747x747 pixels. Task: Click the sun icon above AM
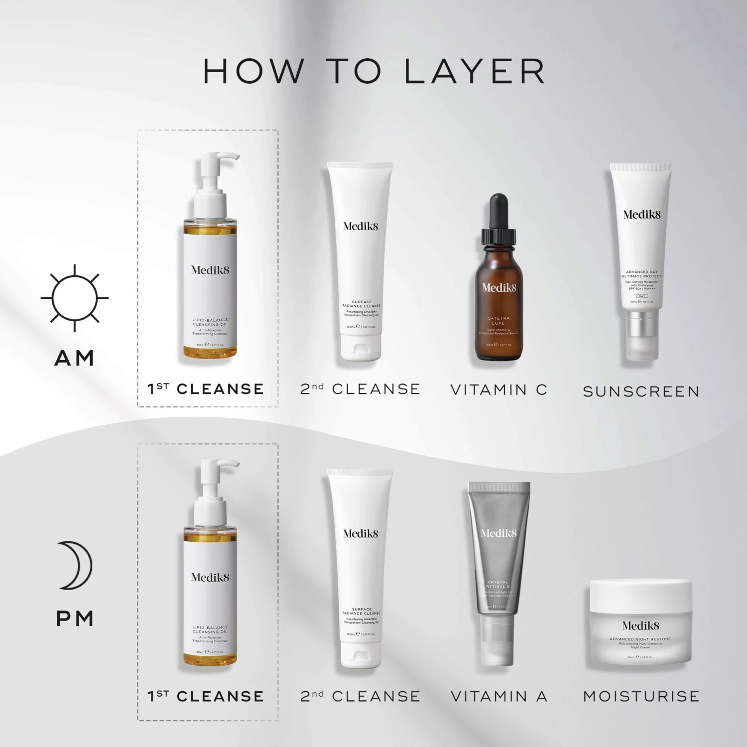[75, 298]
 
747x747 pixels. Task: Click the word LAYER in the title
[475, 71]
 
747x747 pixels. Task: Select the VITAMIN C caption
[498, 389]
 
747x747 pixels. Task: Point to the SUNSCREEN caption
[641, 391]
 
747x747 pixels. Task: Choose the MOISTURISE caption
[641, 696]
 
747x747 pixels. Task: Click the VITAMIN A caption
[498, 696]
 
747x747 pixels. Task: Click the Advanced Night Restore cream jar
[640, 622]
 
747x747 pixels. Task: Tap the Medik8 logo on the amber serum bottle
[498, 287]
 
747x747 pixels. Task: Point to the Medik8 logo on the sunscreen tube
[641, 215]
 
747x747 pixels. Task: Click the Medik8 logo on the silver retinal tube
[498, 533]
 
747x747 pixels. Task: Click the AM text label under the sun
[74, 358]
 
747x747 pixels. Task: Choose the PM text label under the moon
[75, 619]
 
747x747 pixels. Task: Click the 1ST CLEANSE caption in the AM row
[206, 389]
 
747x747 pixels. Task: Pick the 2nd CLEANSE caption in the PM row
[360, 696]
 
